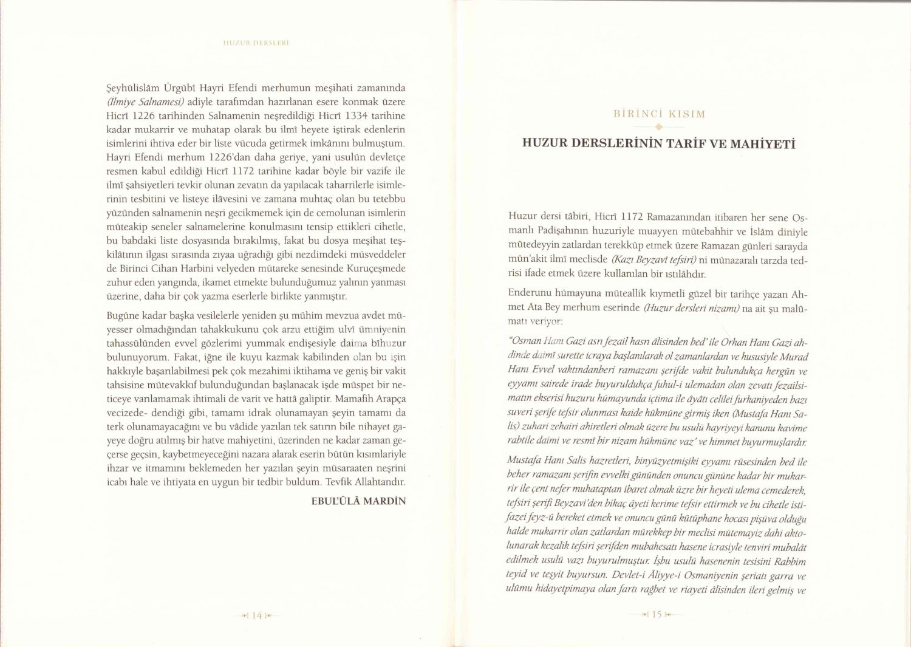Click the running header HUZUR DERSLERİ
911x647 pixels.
point(255,43)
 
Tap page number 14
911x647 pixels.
point(256,615)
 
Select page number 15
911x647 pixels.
point(657,615)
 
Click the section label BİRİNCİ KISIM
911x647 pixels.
point(659,114)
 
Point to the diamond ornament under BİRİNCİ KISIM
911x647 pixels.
point(659,127)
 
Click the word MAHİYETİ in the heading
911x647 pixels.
point(762,144)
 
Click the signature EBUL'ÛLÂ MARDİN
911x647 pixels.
point(358,501)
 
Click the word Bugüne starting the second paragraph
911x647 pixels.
point(123,316)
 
